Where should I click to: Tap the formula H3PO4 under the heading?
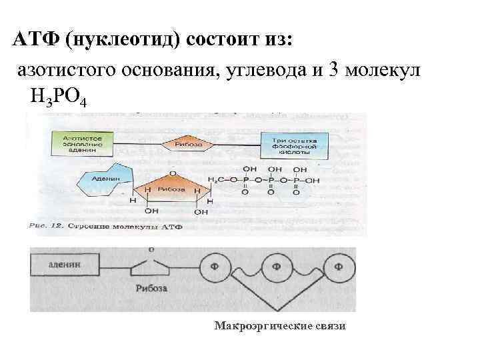(x=57, y=97)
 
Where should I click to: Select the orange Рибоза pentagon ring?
(x=173, y=189)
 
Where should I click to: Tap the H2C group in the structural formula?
(x=218, y=180)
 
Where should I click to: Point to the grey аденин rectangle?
(x=65, y=264)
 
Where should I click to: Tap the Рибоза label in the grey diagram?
(x=151, y=289)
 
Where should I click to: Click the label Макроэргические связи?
(x=280, y=326)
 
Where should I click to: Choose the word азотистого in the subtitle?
(x=65, y=70)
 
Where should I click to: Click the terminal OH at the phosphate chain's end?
(x=313, y=180)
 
